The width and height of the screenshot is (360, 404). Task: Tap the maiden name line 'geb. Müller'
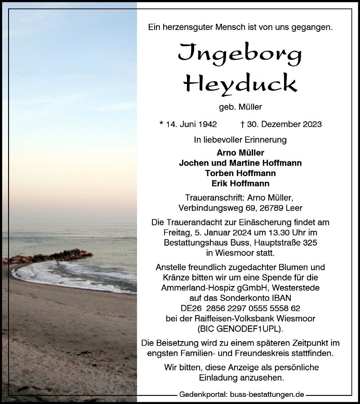click(240, 107)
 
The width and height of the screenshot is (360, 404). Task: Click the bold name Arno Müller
click(240, 153)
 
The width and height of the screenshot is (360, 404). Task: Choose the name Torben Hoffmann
click(240, 173)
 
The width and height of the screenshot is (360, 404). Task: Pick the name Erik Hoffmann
click(240, 183)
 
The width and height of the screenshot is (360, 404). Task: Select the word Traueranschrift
click(213, 198)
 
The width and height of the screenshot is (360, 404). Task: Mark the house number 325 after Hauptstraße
click(308, 243)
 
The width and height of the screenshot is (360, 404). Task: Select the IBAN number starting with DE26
click(240, 308)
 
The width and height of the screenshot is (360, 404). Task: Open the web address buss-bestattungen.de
click(267, 395)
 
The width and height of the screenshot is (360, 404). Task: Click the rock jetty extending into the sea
click(49, 256)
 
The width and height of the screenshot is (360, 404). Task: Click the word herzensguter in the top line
click(185, 27)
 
